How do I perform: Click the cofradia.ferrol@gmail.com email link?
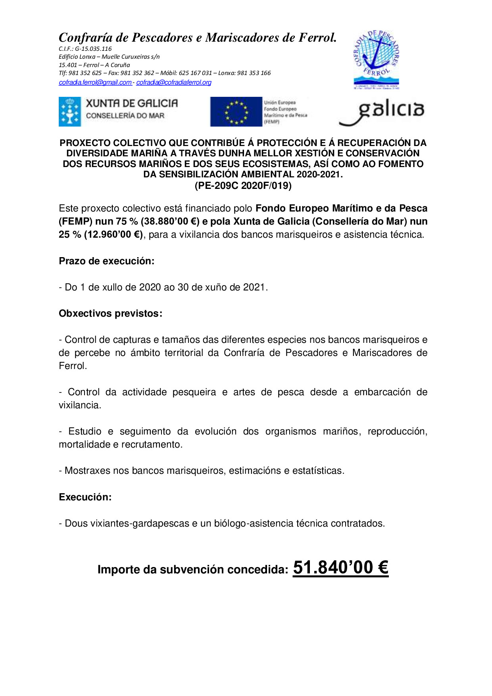pos(95,83)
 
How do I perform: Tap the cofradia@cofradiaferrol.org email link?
pos(174,83)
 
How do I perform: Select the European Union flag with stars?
pos(236,112)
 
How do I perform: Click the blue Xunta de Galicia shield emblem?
pos(70,112)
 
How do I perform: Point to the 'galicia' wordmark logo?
pos(382,112)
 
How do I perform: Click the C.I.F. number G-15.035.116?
pos(93,49)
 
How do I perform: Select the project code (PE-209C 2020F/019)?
pos(243,186)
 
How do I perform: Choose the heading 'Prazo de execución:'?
pos(106,261)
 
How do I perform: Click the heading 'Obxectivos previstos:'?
pos(110,313)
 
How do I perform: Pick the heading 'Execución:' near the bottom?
pos(85,497)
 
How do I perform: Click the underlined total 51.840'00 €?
pos(340,568)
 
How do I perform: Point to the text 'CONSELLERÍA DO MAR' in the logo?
pos(125,116)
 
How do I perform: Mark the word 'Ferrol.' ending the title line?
pos(317,38)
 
